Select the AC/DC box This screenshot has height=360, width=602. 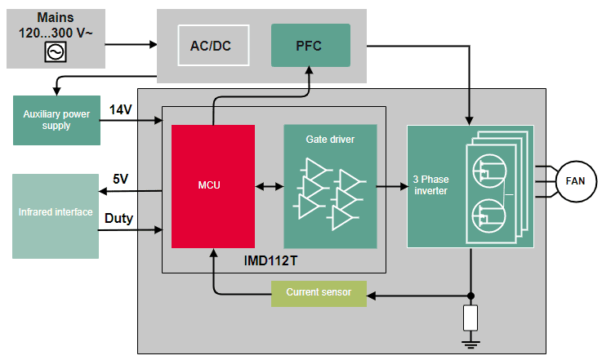(x=210, y=46)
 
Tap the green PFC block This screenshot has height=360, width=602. (x=310, y=46)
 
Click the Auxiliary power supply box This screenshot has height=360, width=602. (x=57, y=120)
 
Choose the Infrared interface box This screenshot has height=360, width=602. (x=55, y=212)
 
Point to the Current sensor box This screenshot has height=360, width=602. (x=319, y=292)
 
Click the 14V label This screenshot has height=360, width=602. (x=121, y=109)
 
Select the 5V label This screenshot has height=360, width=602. (x=120, y=180)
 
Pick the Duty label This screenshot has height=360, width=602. (x=119, y=219)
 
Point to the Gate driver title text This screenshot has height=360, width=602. (x=330, y=140)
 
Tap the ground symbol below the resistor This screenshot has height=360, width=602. (x=470, y=344)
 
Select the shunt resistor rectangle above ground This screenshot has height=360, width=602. (x=470, y=318)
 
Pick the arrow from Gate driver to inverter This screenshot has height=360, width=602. (x=391, y=186)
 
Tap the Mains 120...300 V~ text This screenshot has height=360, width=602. (x=56, y=26)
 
